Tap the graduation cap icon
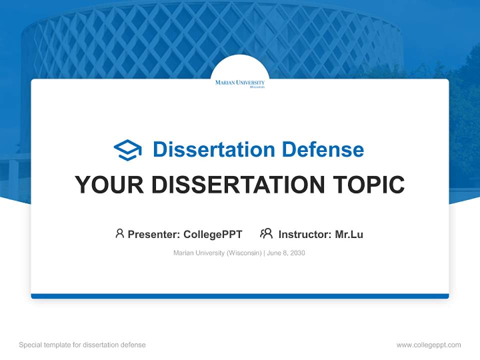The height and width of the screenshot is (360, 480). [127, 149]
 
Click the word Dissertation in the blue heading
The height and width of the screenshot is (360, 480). [213, 149]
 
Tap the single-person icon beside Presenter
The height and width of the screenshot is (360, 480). [119, 233]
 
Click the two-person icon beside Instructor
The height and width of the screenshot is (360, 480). [266, 233]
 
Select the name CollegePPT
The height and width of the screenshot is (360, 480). [212, 234]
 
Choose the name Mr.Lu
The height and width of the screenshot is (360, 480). [349, 234]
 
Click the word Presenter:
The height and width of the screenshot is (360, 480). [154, 234]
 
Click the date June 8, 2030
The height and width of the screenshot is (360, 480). [286, 253]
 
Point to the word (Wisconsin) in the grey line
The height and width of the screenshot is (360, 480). [244, 253]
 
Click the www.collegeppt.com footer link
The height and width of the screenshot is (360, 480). [428, 345]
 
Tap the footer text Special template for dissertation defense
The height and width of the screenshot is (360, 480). [82, 345]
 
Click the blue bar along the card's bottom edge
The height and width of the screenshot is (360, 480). [240, 296]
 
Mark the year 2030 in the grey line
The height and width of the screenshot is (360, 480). [297, 253]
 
